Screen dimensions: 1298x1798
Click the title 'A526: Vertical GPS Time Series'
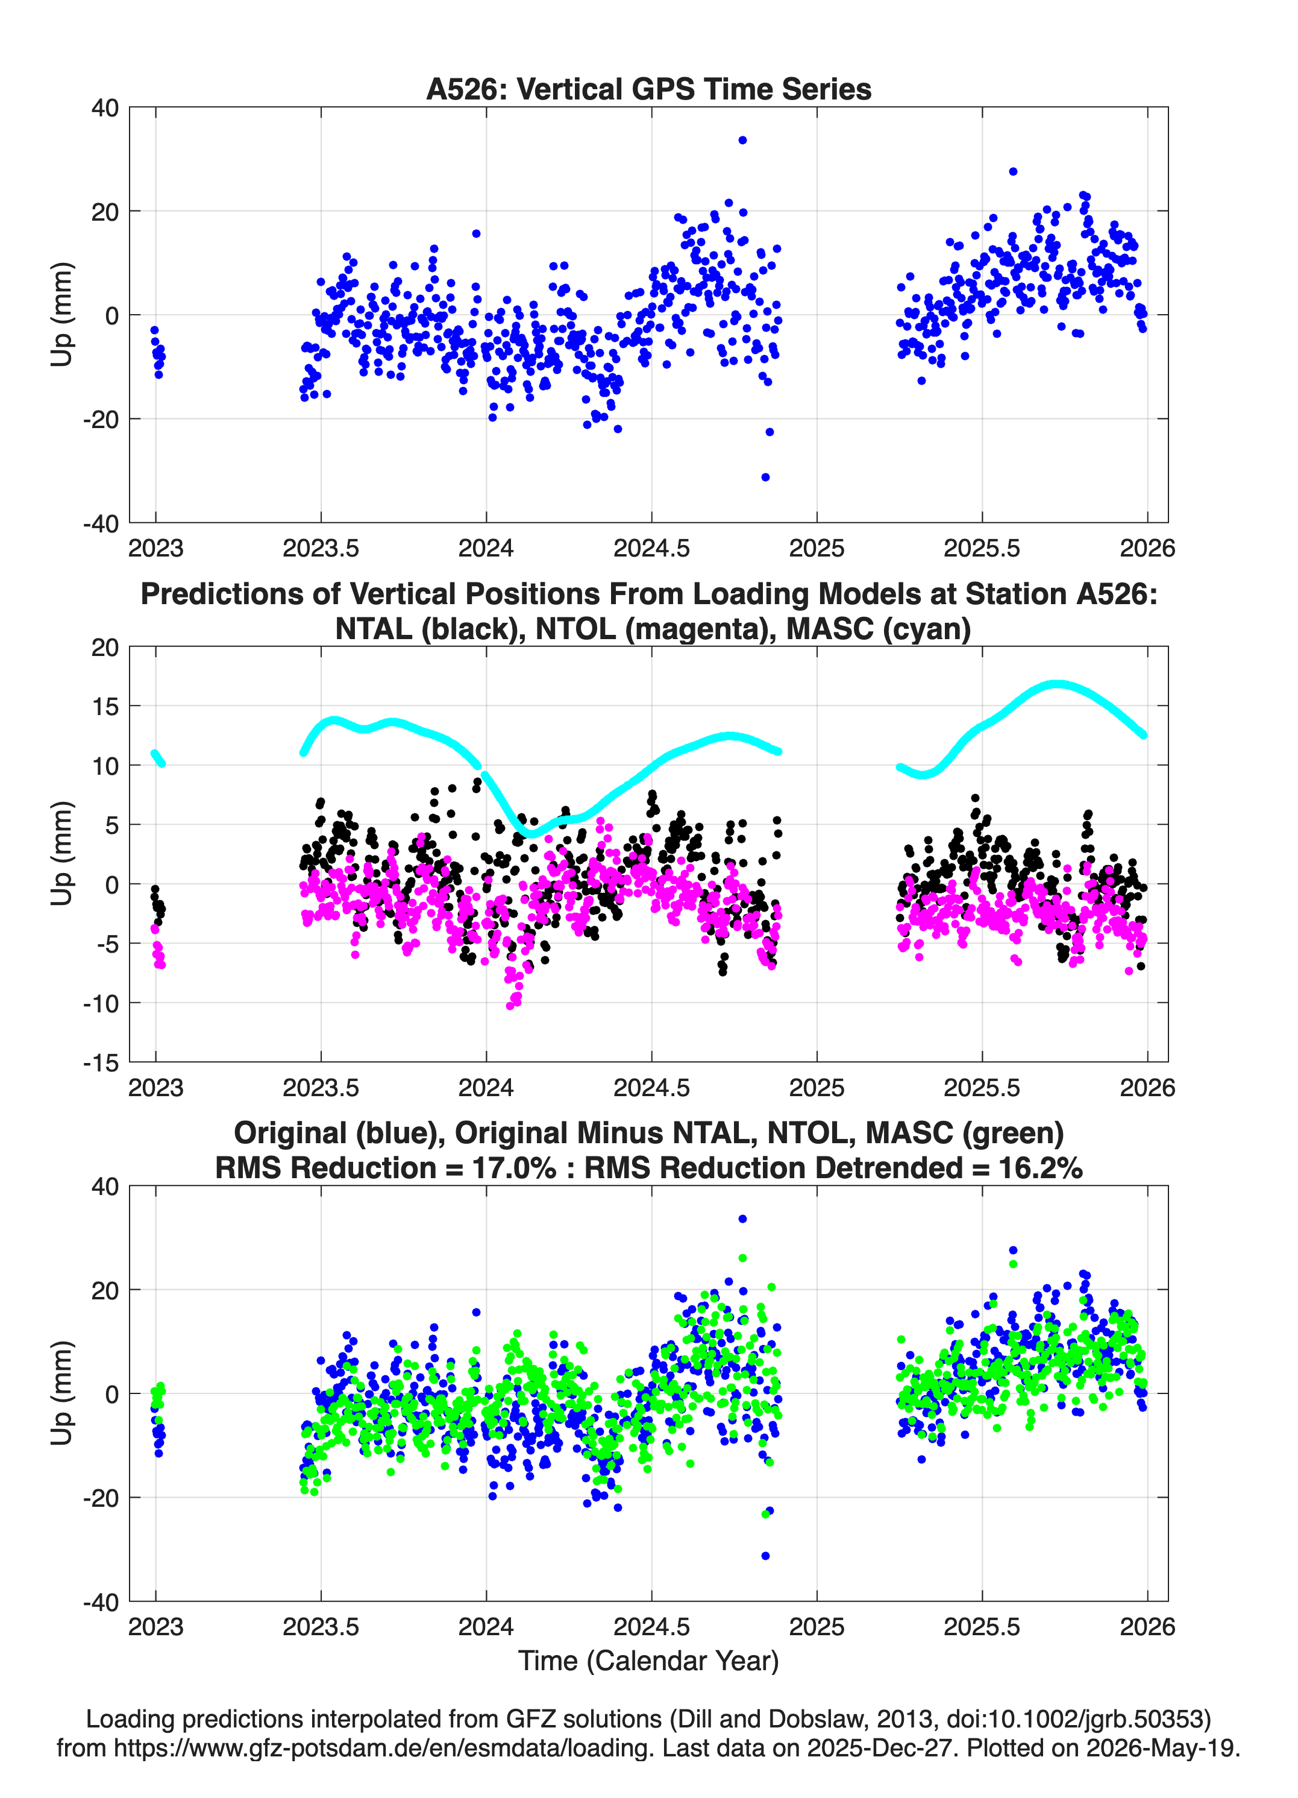(648, 89)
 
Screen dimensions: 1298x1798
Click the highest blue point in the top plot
(742, 140)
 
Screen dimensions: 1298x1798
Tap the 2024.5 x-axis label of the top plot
(651, 548)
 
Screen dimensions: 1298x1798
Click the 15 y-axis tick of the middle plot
(105, 705)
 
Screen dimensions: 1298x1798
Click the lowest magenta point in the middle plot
(510, 1006)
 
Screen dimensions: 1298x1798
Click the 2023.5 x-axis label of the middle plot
(321, 1087)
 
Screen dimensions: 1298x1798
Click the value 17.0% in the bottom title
(510, 1168)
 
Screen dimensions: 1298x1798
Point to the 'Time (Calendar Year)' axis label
(648, 1661)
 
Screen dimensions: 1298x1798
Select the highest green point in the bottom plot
(742, 1258)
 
